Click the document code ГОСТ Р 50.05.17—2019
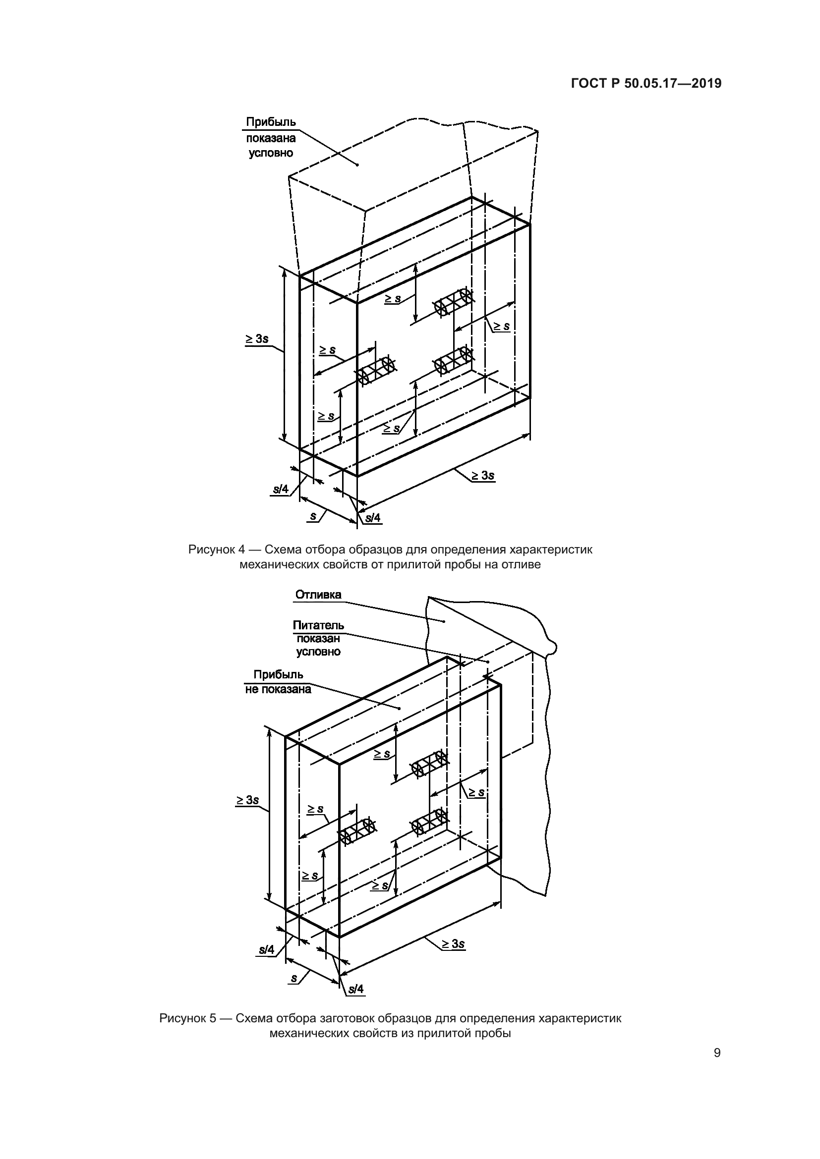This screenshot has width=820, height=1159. click(x=646, y=83)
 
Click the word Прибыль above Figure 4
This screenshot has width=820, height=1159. click(x=271, y=122)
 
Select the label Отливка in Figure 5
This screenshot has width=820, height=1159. click(x=318, y=595)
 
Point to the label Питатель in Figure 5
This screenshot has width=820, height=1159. click(x=318, y=626)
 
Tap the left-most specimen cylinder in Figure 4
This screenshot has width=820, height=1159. click(x=375, y=371)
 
